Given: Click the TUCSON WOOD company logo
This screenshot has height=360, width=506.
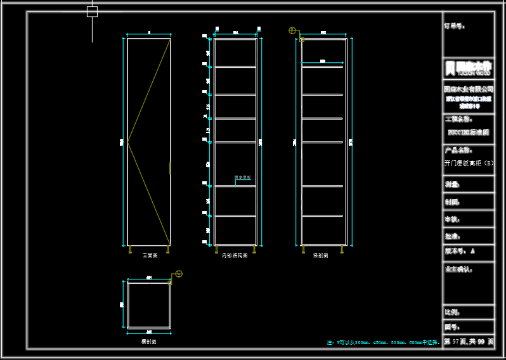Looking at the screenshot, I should (468, 68).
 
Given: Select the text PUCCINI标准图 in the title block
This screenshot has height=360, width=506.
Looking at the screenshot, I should (468, 132).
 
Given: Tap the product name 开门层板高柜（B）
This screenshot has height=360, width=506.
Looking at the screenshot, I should (469, 163).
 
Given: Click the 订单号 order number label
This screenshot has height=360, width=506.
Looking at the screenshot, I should (454, 27).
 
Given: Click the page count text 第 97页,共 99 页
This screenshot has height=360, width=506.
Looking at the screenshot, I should (468, 342).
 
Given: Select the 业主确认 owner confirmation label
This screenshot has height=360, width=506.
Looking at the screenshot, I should (460, 269).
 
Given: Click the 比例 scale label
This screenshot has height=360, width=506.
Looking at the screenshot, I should (452, 312).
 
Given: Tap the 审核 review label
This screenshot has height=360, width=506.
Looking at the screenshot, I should (452, 219).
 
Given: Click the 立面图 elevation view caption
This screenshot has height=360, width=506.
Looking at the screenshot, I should (150, 255).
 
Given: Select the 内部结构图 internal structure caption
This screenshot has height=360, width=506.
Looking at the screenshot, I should (235, 255).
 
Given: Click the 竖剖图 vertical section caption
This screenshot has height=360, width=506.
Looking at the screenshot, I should (320, 255).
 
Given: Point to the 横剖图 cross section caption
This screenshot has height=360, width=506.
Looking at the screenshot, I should (148, 341).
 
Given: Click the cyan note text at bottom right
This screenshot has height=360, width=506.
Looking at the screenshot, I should (383, 342).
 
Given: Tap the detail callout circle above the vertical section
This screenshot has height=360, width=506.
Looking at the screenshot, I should (292, 30).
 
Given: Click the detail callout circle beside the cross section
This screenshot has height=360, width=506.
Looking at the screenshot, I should (179, 274).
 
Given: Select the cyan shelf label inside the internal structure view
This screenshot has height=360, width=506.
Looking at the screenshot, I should (243, 177).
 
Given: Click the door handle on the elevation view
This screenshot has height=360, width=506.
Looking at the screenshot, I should (170, 167).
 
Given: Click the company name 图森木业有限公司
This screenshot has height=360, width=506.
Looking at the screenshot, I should (468, 89).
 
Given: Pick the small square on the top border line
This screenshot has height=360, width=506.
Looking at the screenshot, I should (92, 11).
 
